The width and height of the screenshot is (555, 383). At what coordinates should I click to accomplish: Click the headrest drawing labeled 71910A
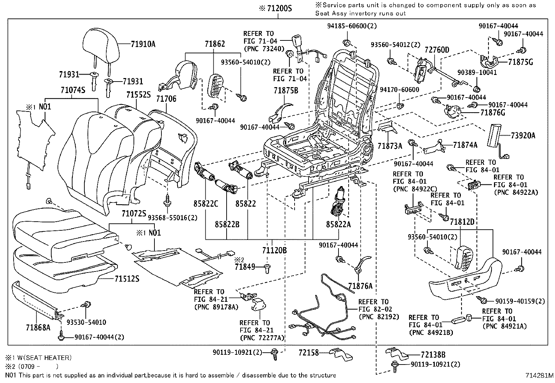click(x=101, y=45)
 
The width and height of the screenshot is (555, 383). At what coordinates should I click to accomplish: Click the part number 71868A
click(x=38, y=328)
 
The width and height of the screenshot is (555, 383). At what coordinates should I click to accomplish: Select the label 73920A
click(x=523, y=136)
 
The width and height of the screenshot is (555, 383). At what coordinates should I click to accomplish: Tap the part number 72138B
click(x=433, y=355)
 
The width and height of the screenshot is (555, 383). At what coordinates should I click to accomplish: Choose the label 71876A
click(x=360, y=286)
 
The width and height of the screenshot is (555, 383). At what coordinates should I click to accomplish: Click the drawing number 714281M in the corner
click(x=539, y=376)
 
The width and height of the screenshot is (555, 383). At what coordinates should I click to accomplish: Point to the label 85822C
click(x=206, y=204)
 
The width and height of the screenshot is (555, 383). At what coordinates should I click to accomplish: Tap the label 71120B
click(x=274, y=250)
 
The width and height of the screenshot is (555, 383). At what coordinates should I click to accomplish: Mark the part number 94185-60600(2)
click(x=352, y=26)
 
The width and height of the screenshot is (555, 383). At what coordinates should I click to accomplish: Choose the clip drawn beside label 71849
click(x=268, y=268)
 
